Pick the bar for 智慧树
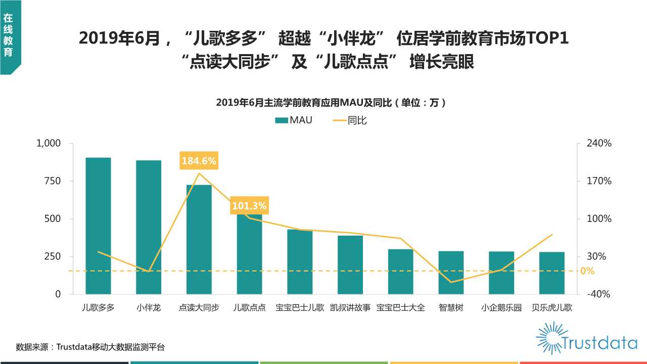click(x=451, y=272)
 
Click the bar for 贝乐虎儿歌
click(x=551, y=273)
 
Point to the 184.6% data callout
click(x=199, y=161)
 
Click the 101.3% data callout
click(x=249, y=206)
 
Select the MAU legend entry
click(x=294, y=121)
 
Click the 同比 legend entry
click(x=350, y=121)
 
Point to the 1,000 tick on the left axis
click(x=49, y=144)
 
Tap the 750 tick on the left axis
click(x=53, y=181)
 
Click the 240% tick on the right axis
click(x=599, y=144)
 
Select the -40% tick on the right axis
click(x=599, y=294)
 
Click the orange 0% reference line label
click(x=587, y=271)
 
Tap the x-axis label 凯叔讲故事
click(x=350, y=307)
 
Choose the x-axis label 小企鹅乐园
click(x=501, y=307)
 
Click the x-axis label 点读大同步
click(x=199, y=307)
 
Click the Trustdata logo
click(x=586, y=338)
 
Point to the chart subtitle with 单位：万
click(x=332, y=103)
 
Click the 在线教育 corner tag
click(x=9, y=35)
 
